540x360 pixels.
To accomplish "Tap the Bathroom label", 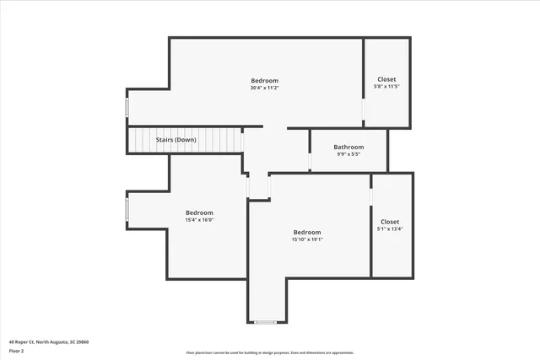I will [x=348, y=147].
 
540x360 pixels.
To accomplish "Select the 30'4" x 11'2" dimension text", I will [x=264, y=88].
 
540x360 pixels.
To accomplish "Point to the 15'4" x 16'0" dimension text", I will [x=199, y=219].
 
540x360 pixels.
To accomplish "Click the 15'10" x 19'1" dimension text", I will [x=307, y=239].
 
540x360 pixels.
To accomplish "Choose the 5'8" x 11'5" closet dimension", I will [x=386, y=87].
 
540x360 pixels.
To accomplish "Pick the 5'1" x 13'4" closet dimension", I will [x=390, y=228].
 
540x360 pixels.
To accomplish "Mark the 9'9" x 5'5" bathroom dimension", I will [x=348, y=154].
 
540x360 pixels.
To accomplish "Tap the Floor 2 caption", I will [x=16, y=350].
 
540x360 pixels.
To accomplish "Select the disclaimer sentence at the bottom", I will [x=270, y=352].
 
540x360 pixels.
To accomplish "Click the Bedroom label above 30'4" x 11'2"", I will [x=264, y=80].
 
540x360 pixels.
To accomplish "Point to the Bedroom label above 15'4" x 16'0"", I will [x=199, y=212].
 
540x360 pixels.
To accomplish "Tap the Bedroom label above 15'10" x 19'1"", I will [x=307, y=232].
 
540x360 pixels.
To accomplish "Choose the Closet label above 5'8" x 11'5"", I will [x=386, y=79].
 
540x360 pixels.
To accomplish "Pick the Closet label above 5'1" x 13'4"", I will [x=390, y=221].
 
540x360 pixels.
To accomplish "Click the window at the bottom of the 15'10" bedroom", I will [x=266, y=322].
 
